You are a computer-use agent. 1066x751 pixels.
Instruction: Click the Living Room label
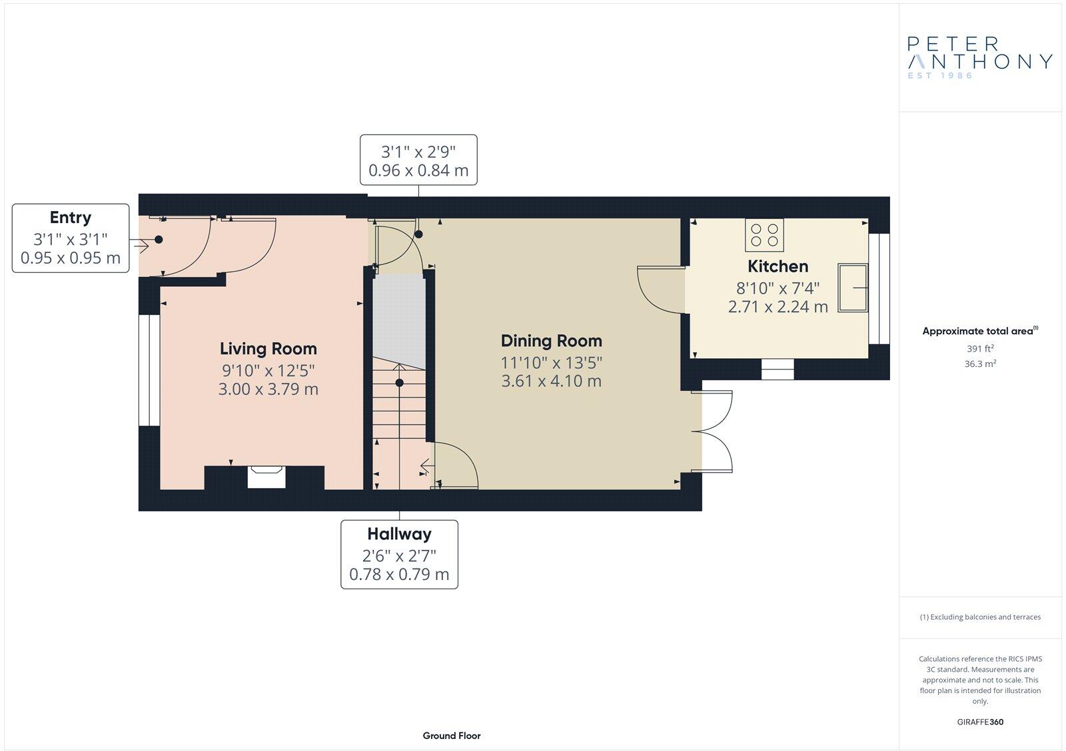[x=268, y=348]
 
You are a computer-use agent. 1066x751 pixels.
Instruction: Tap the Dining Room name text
[x=551, y=341]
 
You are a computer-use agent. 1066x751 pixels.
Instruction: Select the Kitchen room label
[x=778, y=266]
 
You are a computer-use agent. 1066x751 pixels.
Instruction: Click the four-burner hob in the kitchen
[x=764, y=235]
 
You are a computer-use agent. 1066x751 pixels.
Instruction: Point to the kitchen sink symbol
[x=853, y=287]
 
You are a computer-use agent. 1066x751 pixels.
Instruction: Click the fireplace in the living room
[x=266, y=477]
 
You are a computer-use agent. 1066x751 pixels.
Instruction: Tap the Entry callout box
[x=71, y=238]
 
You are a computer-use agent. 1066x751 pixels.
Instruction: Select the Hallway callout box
[x=399, y=554]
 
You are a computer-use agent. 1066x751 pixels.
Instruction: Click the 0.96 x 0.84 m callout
[x=418, y=160]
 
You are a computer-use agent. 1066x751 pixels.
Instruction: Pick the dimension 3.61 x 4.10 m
[x=551, y=381]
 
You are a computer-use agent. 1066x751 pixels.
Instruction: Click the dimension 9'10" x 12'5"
[x=268, y=370]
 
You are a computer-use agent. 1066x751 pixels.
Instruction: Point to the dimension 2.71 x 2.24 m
[x=778, y=306]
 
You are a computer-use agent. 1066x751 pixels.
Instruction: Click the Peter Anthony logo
[x=979, y=57]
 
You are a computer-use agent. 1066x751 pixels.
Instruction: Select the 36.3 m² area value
[x=980, y=364]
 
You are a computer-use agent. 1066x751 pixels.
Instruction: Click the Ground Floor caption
[x=451, y=736]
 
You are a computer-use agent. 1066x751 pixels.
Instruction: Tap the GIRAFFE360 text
[x=980, y=722]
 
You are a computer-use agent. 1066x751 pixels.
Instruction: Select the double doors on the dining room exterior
[x=716, y=431]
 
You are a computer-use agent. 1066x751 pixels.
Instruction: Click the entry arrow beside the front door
[x=141, y=246]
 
